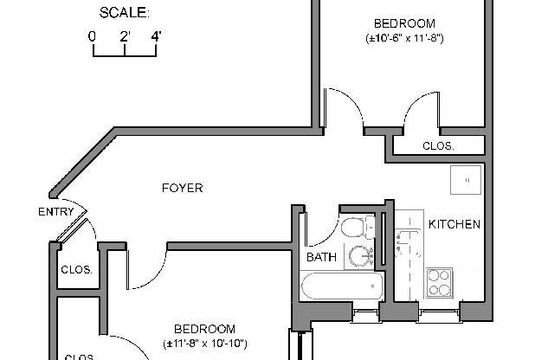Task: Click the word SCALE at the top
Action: click(x=124, y=12)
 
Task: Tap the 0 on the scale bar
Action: click(x=92, y=37)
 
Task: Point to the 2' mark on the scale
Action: click(x=125, y=37)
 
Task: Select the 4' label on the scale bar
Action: click(x=156, y=37)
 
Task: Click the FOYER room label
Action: click(x=182, y=187)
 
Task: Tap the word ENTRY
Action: click(x=55, y=212)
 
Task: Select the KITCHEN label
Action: click(x=454, y=224)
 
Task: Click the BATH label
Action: click(x=321, y=257)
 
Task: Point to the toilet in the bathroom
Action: click(x=354, y=228)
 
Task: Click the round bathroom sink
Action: click(x=360, y=256)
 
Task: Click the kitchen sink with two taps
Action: click(x=404, y=247)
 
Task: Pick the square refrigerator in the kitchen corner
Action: click(x=466, y=179)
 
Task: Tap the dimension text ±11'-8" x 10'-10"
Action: click(x=204, y=344)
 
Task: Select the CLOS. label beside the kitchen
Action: click(x=438, y=146)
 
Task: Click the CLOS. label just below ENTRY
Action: click(x=76, y=269)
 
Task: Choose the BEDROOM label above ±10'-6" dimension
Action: click(x=404, y=22)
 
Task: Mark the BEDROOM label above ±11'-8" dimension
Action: click(x=204, y=329)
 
